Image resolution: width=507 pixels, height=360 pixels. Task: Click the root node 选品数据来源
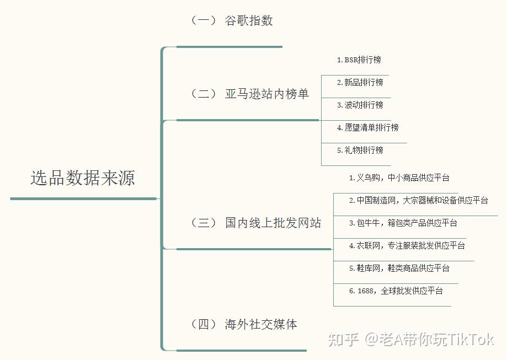tap(83, 178)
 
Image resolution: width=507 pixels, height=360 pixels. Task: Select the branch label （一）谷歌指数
tap(232, 21)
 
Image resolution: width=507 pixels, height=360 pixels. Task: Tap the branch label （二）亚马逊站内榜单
tap(249, 94)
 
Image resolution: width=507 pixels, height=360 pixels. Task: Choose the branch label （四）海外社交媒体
tap(244, 324)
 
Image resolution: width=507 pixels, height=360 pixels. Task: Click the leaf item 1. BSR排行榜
tap(359, 60)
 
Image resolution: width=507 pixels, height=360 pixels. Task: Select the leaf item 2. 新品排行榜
tap(360, 82)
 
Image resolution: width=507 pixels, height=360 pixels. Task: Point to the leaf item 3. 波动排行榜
tap(360, 105)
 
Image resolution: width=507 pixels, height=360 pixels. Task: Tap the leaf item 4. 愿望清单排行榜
tap(367, 127)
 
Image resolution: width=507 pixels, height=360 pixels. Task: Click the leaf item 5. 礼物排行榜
tap(360, 150)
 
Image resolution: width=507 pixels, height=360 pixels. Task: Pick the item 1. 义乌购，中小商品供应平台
tap(399, 178)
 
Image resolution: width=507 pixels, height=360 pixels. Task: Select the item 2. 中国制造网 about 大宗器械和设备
tap(418, 200)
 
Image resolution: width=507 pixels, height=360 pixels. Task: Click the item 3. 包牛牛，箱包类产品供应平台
tap(403, 223)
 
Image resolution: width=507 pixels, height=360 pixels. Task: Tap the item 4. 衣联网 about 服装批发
tap(407, 245)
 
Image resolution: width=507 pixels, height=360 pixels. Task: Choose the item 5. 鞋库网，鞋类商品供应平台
tap(399, 268)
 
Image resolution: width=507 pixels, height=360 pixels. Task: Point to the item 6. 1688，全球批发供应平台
tap(396, 291)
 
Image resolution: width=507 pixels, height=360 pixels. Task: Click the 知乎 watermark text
tap(343, 340)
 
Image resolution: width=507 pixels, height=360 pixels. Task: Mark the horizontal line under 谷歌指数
tap(229, 47)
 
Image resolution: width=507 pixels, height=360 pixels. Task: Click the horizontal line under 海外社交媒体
tap(241, 350)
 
